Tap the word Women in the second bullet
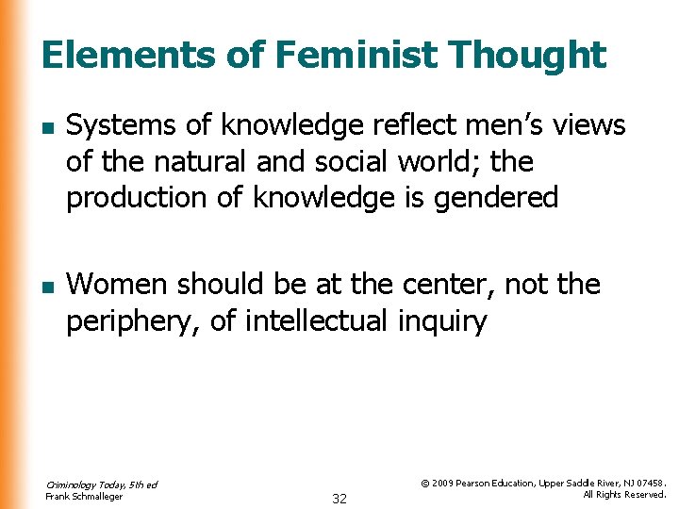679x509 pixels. point(119,284)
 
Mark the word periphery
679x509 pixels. point(131,321)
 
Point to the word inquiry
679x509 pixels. point(441,321)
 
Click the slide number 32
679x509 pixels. point(339,499)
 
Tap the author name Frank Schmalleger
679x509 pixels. point(84,497)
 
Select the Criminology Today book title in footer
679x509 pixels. point(101,484)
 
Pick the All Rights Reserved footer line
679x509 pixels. point(624,495)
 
